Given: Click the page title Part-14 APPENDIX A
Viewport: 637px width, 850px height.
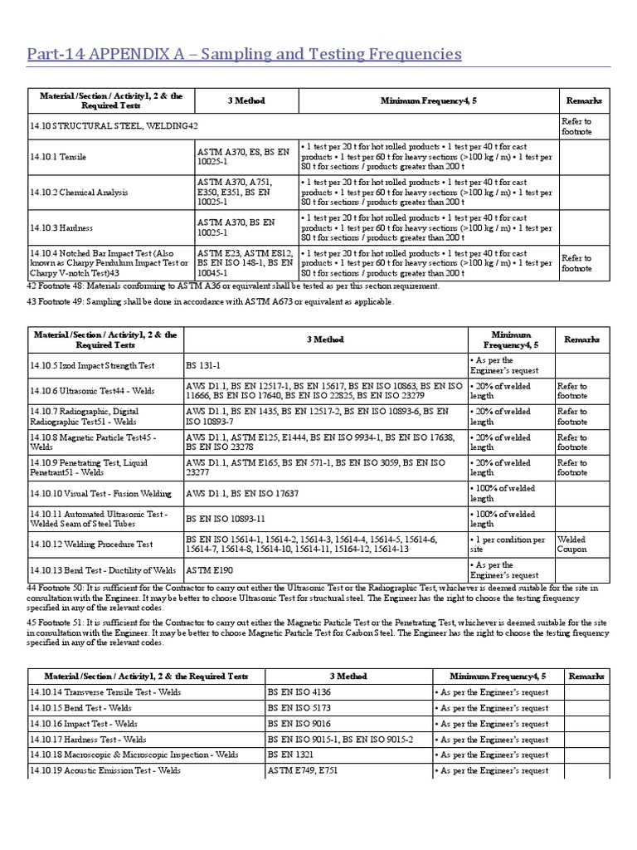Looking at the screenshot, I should pos(245,55).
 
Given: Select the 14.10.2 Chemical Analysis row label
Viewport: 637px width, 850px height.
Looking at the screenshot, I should pos(79,192).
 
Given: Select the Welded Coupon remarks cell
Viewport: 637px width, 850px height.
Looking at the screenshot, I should pos(572,544).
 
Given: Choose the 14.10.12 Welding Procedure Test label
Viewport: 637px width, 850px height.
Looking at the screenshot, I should pos(91,545).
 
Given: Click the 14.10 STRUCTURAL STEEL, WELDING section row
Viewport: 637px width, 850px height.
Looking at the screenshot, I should pos(114,126).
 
